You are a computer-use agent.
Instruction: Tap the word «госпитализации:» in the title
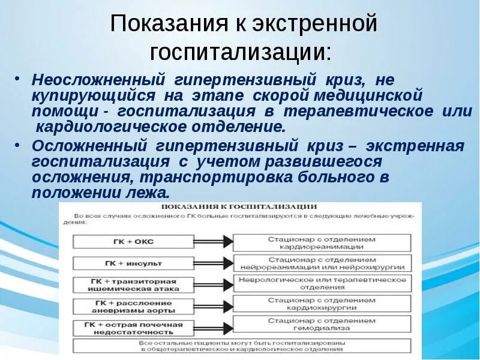[x=240, y=52]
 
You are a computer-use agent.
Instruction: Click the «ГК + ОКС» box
[x=133, y=241]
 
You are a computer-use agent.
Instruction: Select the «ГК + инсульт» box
[x=133, y=263]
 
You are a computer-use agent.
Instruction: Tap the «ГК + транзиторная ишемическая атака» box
[x=133, y=284]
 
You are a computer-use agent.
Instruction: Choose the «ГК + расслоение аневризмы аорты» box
[x=133, y=306]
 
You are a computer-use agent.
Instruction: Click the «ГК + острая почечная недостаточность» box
[x=133, y=328]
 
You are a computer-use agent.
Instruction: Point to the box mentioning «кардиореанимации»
[x=322, y=242]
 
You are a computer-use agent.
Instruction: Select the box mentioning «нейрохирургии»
[x=322, y=263]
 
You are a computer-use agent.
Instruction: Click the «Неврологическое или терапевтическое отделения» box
[x=322, y=283]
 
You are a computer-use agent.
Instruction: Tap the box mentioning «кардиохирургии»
[x=322, y=304]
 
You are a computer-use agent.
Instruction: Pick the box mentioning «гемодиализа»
[x=322, y=325]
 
